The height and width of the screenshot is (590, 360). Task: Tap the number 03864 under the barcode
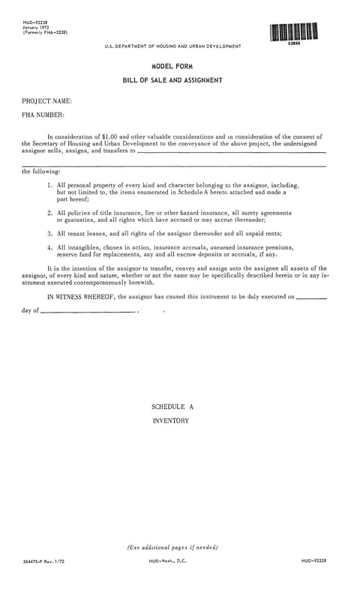point(293,44)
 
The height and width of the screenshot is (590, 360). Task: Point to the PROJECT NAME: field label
point(47,100)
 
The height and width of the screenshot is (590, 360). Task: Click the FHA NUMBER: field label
point(43,115)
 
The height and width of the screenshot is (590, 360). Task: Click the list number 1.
point(49,184)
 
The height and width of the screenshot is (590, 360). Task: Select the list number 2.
point(49,212)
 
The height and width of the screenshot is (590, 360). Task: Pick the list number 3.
point(49,234)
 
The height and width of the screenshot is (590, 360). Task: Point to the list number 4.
point(49,247)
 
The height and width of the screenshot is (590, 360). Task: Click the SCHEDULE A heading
point(172,406)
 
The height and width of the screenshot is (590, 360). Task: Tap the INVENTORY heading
point(170,421)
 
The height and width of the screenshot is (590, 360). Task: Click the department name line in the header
point(173,46)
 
